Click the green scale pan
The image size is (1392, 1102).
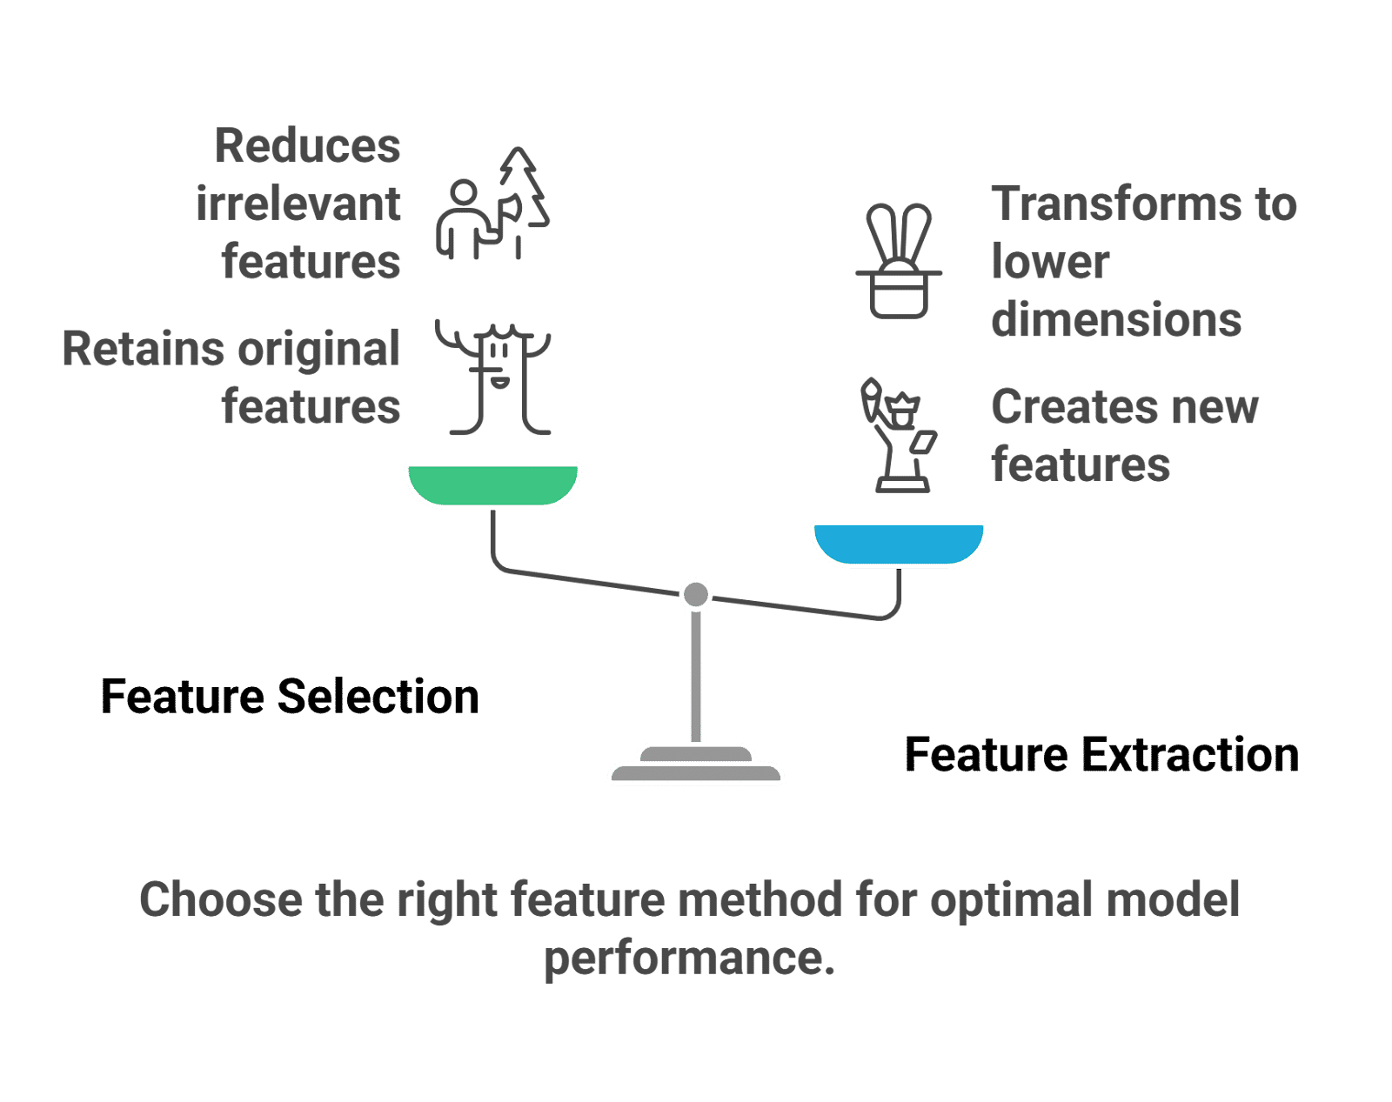[493, 485]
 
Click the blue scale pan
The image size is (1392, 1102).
[899, 544]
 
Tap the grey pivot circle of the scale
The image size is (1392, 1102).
[696, 594]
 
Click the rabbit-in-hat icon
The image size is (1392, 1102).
[899, 261]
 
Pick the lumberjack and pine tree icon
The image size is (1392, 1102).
[493, 203]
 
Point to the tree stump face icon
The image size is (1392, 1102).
[493, 377]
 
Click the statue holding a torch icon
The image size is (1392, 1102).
[899, 435]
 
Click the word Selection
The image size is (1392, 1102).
[378, 697]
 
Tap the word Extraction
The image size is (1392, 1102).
[1191, 755]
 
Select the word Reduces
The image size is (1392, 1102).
[307, 145]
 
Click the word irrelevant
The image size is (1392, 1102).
[298, 204]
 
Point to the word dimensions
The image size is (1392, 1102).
[1116, 319]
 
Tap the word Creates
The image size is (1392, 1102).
[1066, 407]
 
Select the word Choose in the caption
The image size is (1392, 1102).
[221, 899]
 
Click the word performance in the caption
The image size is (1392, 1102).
[690, 958]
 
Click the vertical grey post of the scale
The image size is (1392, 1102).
[696, 677]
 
